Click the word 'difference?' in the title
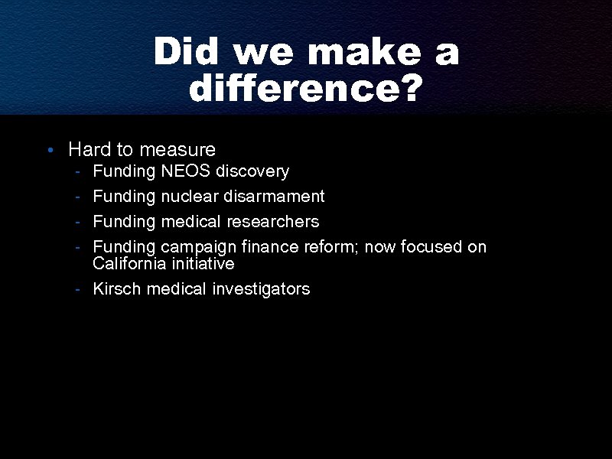(305, 90)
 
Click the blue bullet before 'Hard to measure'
(48, 150)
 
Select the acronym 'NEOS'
(187, 171)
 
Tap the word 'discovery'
(253, 171)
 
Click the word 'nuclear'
(189, 196)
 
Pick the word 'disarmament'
(274, 196)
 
